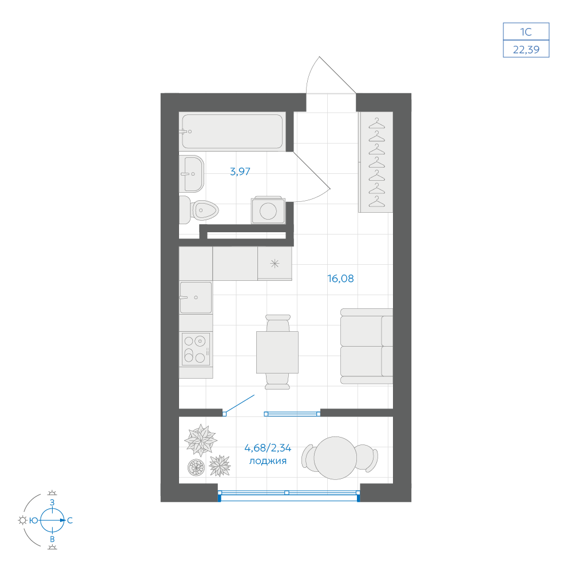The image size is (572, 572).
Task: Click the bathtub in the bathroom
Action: coord(232,132)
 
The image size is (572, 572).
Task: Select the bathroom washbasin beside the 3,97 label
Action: coord(192,174)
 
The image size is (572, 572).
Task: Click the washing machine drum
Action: coord(268,211)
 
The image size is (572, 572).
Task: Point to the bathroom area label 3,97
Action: coord(240,172)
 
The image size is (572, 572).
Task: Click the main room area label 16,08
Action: coord(340,279)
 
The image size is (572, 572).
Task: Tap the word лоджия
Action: coord(268,461)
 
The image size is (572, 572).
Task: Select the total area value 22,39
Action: coord(526,50)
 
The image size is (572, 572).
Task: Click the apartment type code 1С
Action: coord(526,32)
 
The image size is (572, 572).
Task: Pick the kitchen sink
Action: coord(196,297)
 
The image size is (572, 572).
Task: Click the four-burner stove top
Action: coord(196,349)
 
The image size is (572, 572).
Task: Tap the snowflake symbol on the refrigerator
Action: coord(275,263)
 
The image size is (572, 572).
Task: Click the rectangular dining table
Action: coord(277,352)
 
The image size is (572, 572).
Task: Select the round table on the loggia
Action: coord(335,458)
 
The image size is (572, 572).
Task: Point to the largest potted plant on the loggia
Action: coord(201,440)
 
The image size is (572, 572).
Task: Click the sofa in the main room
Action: coord(367,346)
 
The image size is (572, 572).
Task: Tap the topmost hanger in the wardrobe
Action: coord(377,124)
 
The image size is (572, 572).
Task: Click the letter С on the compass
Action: coord(70,521)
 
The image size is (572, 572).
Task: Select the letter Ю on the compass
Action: coord(34,521)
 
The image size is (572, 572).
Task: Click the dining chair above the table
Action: coord(278,323)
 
